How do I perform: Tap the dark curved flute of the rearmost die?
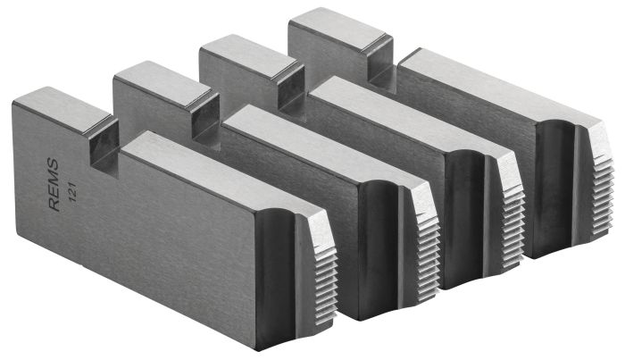pos(552,188)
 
